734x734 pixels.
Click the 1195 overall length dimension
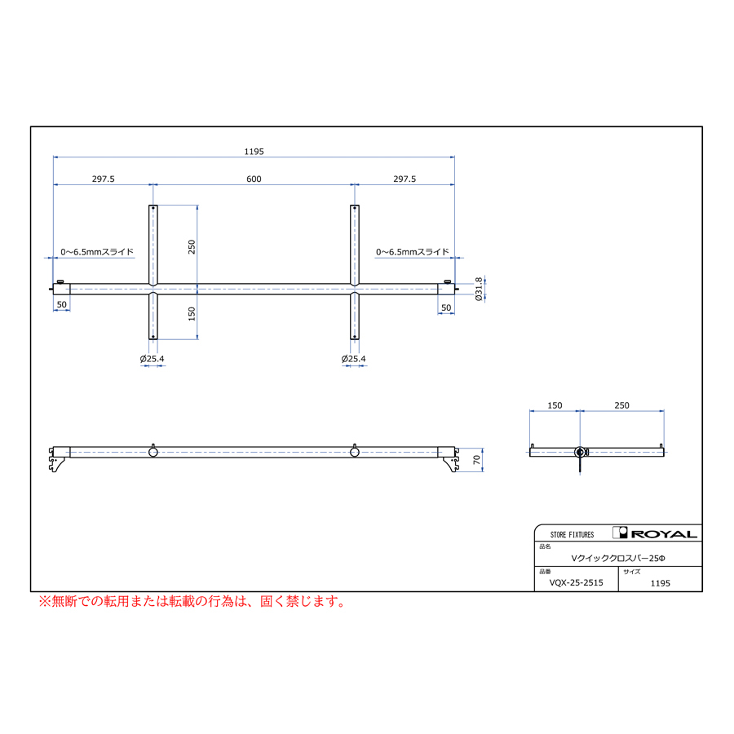254,152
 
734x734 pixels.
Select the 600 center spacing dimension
254,179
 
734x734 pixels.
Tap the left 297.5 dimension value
103,179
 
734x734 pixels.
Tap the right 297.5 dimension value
405,179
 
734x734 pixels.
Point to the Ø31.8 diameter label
479,289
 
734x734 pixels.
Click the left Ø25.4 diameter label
153,359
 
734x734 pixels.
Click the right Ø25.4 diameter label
353,359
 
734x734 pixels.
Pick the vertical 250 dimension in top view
192,246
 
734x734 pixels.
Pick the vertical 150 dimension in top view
192,314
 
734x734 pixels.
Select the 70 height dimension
476,460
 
